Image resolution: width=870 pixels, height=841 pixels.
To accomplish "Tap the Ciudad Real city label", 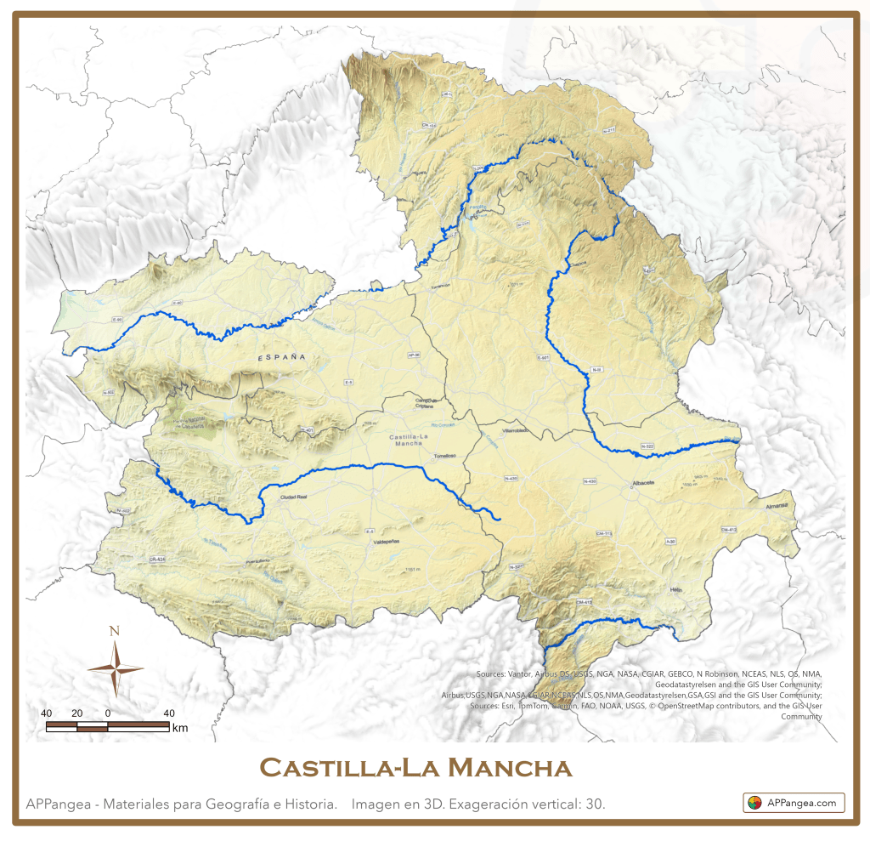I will (x=292, y=497).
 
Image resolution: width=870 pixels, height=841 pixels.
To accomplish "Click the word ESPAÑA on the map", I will (x=282, y=359).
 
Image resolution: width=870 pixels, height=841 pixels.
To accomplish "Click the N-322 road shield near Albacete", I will (x=647, y=446).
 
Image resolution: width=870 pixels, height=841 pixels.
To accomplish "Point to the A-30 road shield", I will (x=670, y=541).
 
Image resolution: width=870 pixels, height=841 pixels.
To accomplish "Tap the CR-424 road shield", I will (x=156, y=560).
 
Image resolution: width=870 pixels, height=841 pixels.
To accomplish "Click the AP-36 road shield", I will (x=415, y=355).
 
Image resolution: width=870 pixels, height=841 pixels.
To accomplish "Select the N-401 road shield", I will (x=308, y=431).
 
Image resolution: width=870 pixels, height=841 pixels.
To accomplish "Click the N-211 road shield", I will (x=607, y=130).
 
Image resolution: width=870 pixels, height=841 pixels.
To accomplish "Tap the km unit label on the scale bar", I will (x=179, y=728).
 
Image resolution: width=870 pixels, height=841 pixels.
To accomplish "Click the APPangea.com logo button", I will (x=794, y=802).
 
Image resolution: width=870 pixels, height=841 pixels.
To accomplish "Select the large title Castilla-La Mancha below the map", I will (x=415, y=768).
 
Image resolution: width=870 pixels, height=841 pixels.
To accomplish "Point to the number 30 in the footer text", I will (x=595, y=804).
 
